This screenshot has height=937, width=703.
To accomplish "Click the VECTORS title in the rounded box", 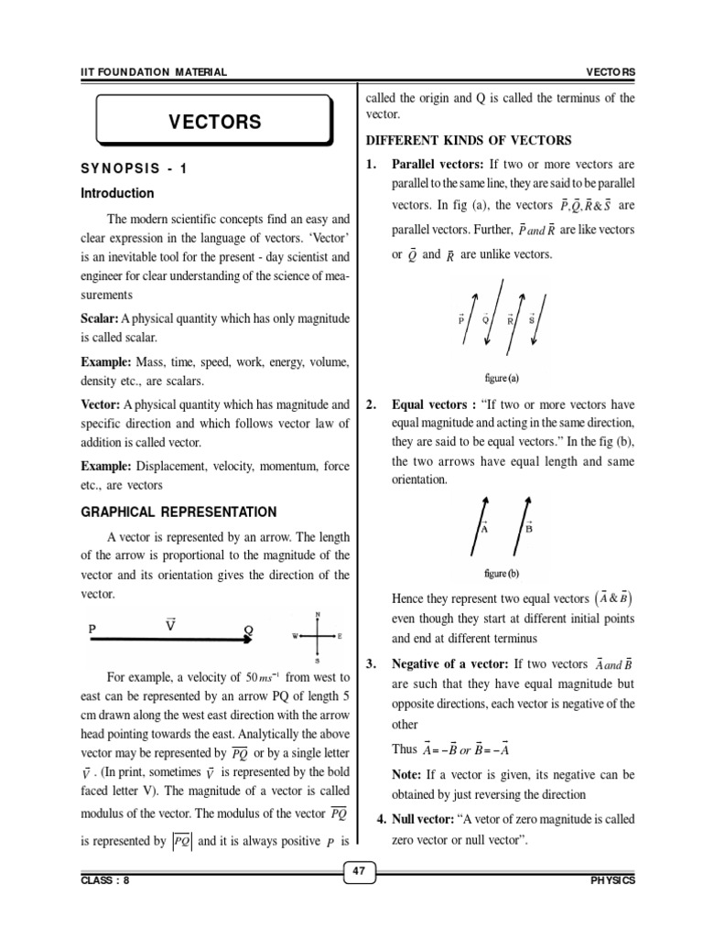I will (214, 122).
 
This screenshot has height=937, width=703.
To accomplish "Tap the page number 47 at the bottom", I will (360, 872).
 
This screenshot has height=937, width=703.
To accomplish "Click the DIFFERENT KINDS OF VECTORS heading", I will (469, 140).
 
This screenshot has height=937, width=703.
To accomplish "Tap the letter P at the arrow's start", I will (92, 630).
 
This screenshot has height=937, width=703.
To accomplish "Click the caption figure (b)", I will (502, 574).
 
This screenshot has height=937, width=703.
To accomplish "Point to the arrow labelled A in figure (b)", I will (477, 526).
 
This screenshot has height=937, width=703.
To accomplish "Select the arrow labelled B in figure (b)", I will (522, 526).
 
